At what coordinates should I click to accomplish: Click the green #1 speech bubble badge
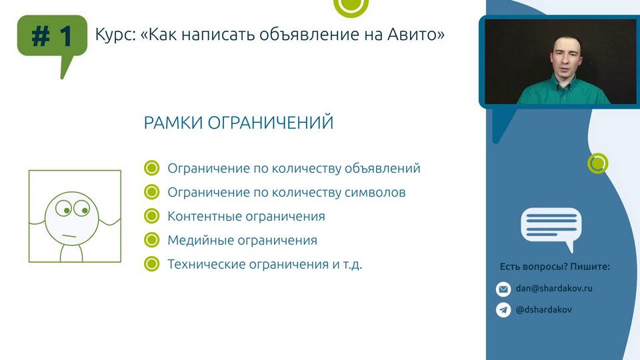coord(52,36)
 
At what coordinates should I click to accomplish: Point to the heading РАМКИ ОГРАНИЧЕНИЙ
coord(239,123)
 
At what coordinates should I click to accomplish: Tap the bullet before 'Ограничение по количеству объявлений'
coord(151,168)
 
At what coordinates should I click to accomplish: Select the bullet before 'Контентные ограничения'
coord(151,216)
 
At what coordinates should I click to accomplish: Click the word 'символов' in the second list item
coord(375,192)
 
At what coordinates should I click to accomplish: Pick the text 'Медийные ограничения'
coord(242,240)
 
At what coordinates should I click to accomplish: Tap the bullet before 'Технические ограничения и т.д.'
coord(151,264)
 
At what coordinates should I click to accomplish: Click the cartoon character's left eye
coord(64,208)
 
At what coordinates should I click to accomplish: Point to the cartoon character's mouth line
coord(69,236)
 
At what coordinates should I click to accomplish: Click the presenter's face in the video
coord(566,57)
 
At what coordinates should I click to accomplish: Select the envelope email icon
coord(503,289)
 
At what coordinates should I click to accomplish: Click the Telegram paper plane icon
coord(503,310)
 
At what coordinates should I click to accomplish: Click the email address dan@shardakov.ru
coord(554,288)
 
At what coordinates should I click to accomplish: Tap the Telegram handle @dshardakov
coord(544,309)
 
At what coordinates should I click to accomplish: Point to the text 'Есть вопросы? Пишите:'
coord(555,267)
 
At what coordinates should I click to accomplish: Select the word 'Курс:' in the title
coord(115,35)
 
